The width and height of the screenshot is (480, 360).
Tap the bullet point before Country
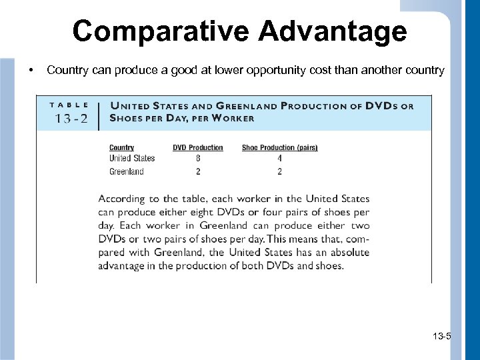31,70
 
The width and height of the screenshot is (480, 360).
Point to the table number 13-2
71,119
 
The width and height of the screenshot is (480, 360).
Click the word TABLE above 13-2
70,105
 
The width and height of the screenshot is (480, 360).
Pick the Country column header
121,147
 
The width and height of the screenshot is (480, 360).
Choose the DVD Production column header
198,147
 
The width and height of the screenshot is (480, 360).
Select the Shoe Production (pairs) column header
279,147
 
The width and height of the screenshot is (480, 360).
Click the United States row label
132,159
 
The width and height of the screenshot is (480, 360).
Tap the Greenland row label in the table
127,171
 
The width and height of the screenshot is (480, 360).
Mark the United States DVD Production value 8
198,159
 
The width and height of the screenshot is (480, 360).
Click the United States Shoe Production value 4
279,159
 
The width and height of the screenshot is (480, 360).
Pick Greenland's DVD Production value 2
198,171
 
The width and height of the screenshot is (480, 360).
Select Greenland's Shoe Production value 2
279,171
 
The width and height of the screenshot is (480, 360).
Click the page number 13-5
441,336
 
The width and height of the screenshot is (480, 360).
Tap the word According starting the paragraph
120,199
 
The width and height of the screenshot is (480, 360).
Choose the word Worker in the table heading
231,119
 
